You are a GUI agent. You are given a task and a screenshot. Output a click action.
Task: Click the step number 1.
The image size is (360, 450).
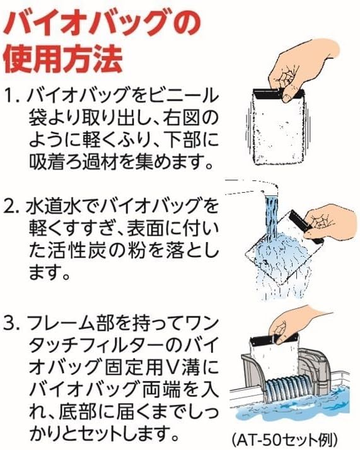(12, 96)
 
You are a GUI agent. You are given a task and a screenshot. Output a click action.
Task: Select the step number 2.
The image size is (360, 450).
(12, 207)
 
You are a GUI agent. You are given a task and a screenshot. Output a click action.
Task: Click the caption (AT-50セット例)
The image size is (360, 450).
(284, 439)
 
